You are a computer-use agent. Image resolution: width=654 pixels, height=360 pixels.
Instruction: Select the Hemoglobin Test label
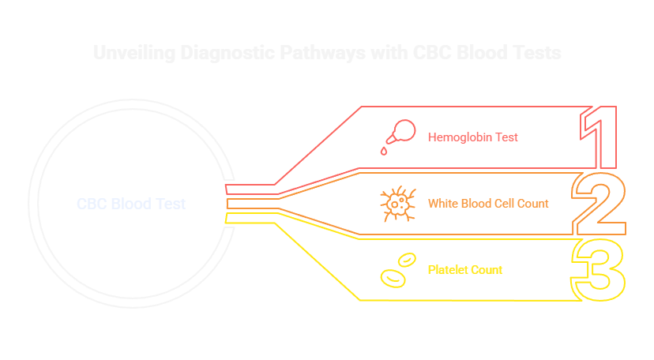click(473, 137)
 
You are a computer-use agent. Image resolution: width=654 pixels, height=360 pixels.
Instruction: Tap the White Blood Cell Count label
click(488, 204)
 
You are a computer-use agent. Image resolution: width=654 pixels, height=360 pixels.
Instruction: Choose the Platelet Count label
click(465, 270)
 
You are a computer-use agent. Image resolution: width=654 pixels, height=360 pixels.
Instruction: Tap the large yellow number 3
click(599, 270)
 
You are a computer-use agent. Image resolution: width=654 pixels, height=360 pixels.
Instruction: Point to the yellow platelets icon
click(397, 269)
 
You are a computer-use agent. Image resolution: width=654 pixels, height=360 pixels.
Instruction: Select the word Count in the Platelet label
click(487, 270)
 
